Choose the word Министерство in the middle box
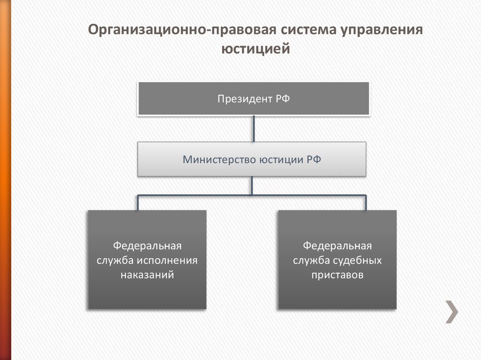click(219, 160)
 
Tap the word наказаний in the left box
click(147, 275)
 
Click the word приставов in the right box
click(337, 275)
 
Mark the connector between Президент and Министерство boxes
click(253, 128)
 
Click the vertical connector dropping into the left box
click(138, 202)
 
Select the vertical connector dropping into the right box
click(366, 202)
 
